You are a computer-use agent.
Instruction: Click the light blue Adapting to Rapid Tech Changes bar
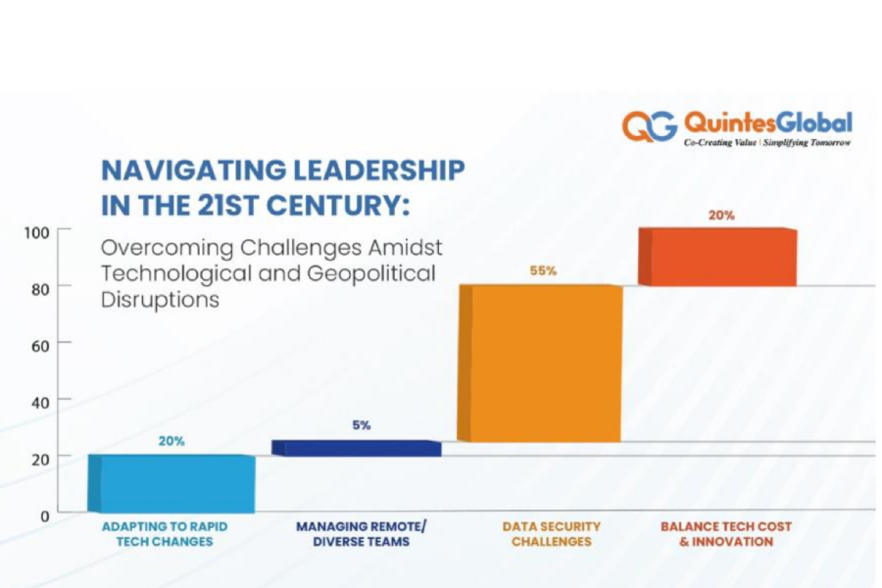tap(171, 483)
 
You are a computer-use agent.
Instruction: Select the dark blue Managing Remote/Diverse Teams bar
tap(357, 448)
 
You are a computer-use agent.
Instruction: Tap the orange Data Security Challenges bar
tap(541, 363)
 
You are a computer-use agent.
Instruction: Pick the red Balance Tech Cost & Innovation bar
tap(717, 257)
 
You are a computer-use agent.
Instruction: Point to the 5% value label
tap(362, 425)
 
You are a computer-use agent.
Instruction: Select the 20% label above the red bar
tap(721, 215)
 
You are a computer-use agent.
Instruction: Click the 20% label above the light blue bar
tap(171, 441)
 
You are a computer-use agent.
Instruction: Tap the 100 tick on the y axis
tap(36, 232)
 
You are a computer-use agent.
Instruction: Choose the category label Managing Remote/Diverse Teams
tap(362, 534)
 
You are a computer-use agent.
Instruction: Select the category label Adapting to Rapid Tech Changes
tap(165, 534)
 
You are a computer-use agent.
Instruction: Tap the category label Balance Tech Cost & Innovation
tap(726, 534)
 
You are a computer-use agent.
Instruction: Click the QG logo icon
tap(649, 125)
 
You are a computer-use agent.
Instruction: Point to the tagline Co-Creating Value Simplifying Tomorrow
tap(767, 143)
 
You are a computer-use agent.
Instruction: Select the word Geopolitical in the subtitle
tap(375, 273)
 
